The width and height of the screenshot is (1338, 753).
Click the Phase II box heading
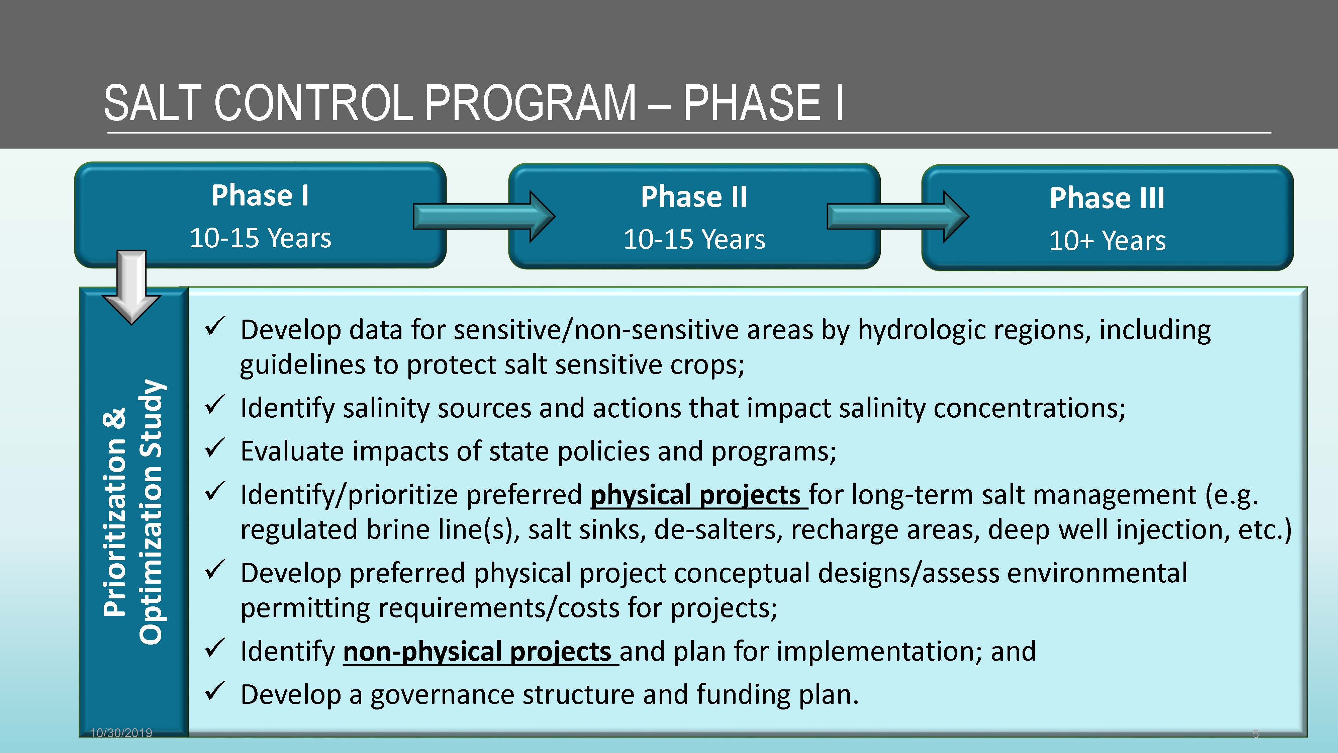pyautogui.click(x=694, y=197)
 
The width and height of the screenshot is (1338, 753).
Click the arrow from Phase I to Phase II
pyautogui.click(x=484, y=216)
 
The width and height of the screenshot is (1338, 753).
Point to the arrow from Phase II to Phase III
pyautogui.click(x=897, y=216)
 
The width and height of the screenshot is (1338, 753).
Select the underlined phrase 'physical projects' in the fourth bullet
pyautogui.click(x=699, y=495)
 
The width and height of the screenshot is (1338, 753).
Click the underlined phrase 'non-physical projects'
pyautogui.click(x=480, y=652)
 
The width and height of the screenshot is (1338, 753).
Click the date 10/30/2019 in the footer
pyautogui.click(x=121, y=733)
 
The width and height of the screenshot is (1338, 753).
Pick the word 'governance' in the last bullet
pyautogui.click(x=442, y=695)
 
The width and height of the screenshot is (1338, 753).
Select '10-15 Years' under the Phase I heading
pyautogui.click(x=260, y=239)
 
